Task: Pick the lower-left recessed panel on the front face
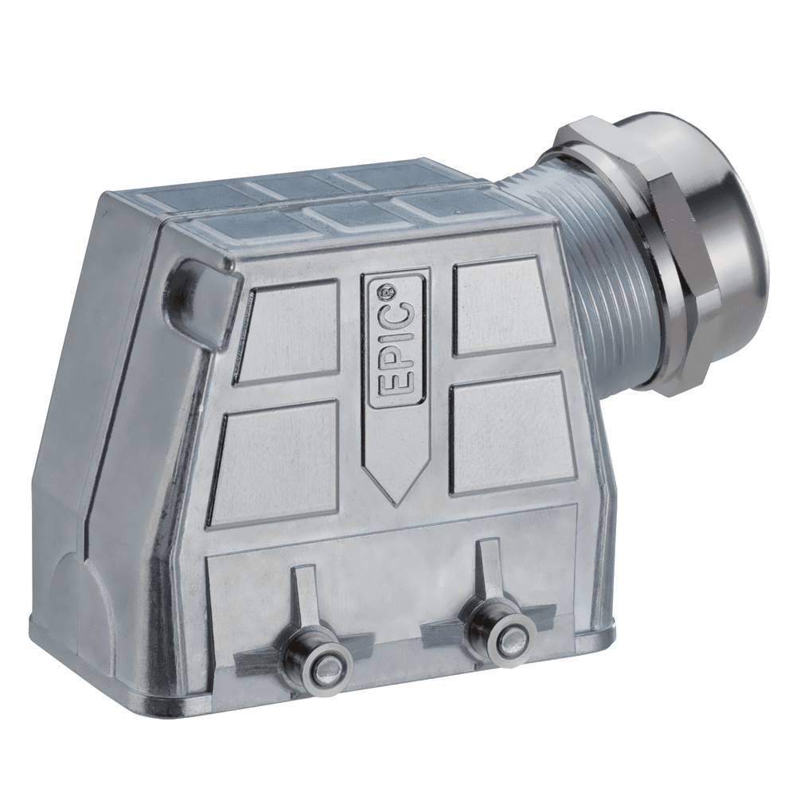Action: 275,462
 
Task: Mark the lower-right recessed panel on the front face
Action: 509,434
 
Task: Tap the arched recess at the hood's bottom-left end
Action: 76,597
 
